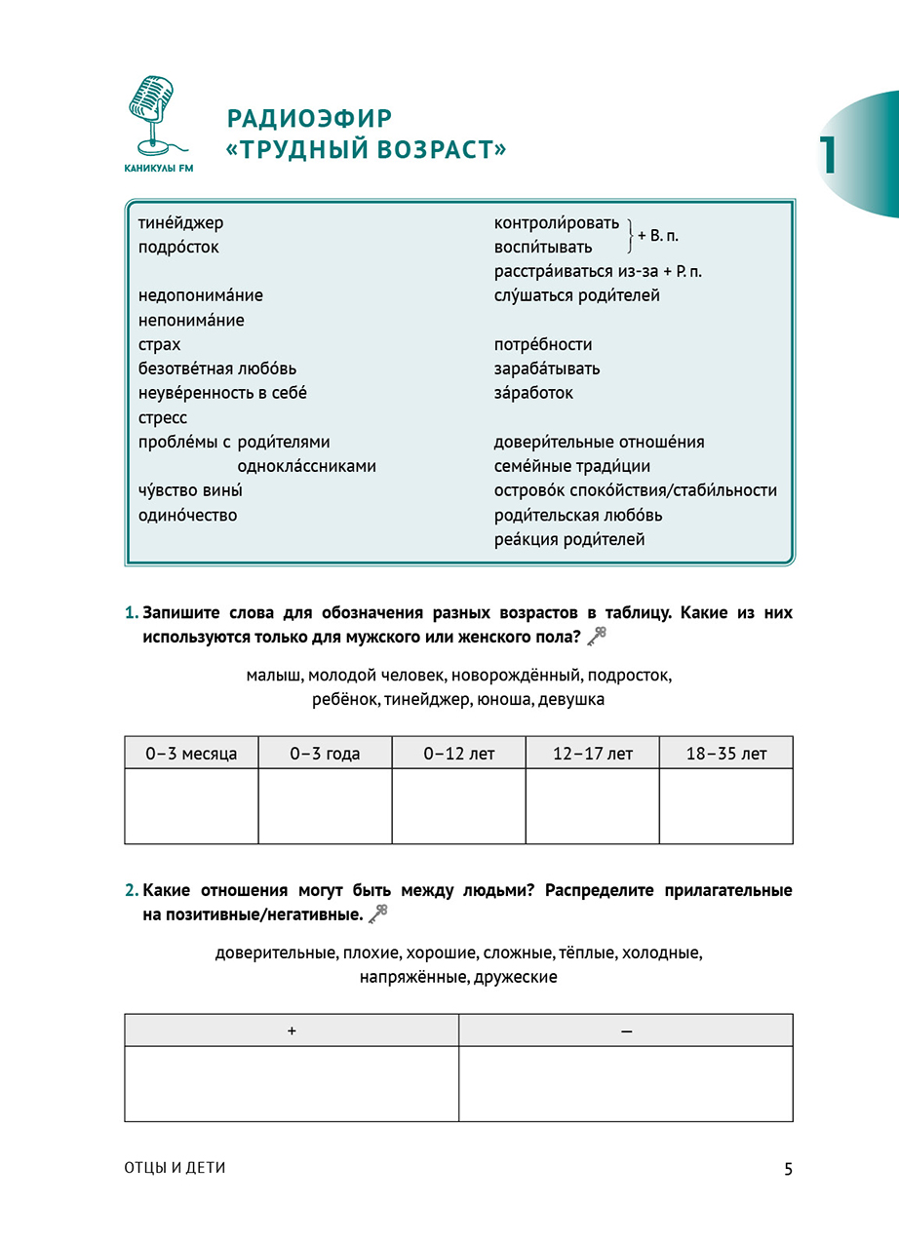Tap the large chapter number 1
tap(828, 155)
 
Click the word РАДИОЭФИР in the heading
tap(309, 119)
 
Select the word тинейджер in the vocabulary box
tap(180, 223)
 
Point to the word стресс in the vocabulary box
tap(163, 418)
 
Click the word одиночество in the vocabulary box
tap(187, 516)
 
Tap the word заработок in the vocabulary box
tap(533, 394)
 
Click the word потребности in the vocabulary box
tap(543, 345)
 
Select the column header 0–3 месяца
tap(191, 754)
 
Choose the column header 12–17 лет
tap(592, 754)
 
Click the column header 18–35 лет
tap(725, 754)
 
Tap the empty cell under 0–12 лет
tap(458, 806)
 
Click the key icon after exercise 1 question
tap(598, 637)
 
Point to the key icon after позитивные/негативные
tap(379, 913)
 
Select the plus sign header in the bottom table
tap(292, 1030)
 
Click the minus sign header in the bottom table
tap(625, 1030)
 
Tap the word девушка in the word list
tap(570, 700)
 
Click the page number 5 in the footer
tap(788, 1168)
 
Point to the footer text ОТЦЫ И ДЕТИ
tap(176, 1168)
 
